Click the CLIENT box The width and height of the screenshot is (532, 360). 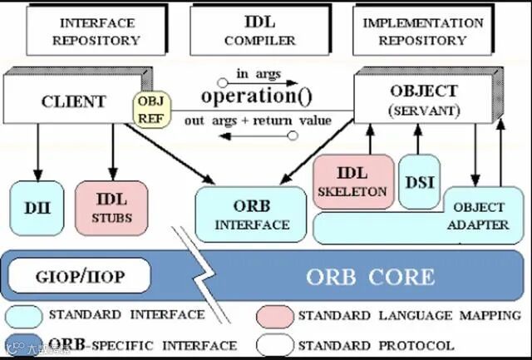(x=73, y=102)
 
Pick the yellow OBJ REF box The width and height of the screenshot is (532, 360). (x=152, y=110)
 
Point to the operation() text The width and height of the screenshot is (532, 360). (x=257, y=96)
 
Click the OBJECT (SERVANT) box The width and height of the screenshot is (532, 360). (x=423, y=98)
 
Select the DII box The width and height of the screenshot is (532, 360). (x=34, y=205)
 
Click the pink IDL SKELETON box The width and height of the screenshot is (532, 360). (x=352, y=180)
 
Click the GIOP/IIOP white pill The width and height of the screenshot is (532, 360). (x=81, y=275)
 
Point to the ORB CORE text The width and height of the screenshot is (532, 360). (x=370, y=277)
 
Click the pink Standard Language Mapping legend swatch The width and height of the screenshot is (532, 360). (x=274, y=317)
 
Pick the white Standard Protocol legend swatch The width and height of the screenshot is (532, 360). (x=274, y=344)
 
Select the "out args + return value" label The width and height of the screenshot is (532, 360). (x=258, y=120)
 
